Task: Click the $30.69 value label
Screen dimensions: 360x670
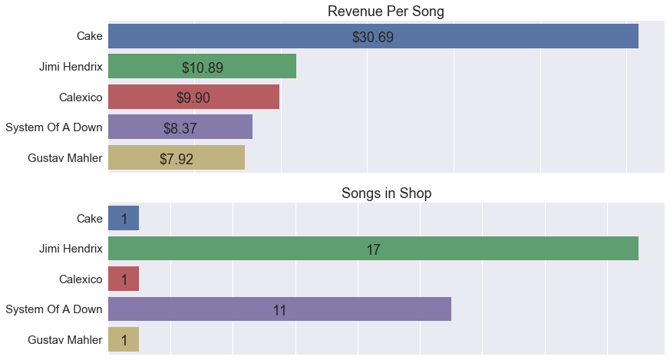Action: tap(372, 37)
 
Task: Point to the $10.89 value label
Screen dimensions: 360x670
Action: tap(203, 68)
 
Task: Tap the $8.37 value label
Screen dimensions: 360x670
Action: tap(180, 128)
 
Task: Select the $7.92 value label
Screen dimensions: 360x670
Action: tap(177, 159)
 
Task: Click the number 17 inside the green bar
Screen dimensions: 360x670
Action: tap(373, 249)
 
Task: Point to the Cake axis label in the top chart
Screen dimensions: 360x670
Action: tap(89, 36)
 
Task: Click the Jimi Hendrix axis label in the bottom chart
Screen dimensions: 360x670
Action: tap(71, 249)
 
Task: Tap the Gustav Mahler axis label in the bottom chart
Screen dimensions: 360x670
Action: tap(64, 339)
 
